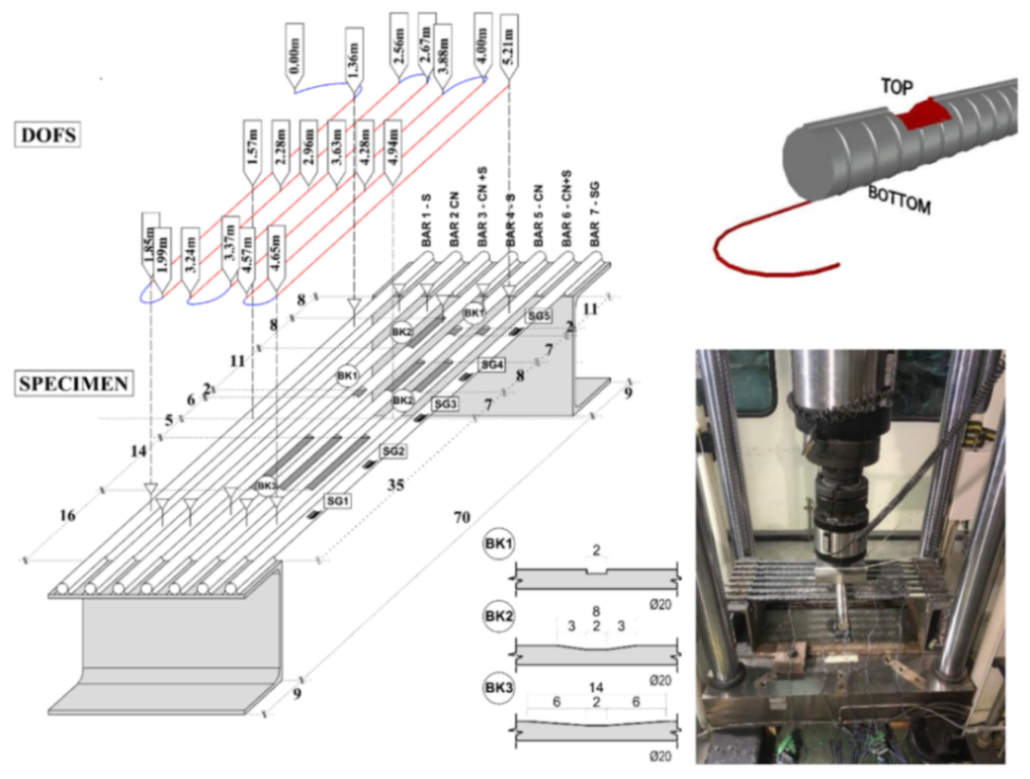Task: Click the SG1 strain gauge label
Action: [338, 500]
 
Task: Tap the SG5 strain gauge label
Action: [540, 316]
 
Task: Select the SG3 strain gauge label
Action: [446, 405]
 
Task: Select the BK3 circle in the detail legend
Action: [495, 689]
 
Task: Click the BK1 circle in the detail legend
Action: [495, 545]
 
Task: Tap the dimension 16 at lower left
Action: [66, 514]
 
